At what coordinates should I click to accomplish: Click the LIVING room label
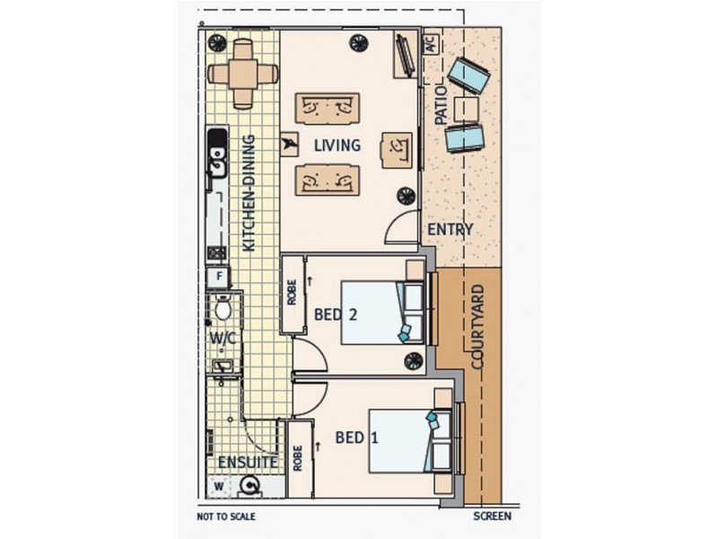(x=337, y=146)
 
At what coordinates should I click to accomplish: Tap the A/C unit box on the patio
(x=432, y=44)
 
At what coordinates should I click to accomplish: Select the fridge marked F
(x=219, y=277)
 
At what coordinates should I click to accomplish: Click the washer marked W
(x=219, y=486)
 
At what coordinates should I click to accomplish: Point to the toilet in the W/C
(x=223, y=307)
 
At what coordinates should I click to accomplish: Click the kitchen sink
(x=217, y=162)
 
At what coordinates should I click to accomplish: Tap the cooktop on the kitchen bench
(x=217, y=252)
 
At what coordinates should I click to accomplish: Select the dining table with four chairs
(x=242, y=74)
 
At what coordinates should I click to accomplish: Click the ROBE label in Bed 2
(x=292, y=293)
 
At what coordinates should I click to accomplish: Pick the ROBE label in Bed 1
(x=298, y=458)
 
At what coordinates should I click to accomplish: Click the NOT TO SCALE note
(x=226, y=517)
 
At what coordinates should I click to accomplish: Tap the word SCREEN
(x=492, y=516)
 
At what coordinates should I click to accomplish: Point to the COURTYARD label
(x=477, y=327)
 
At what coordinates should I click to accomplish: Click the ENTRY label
(x=451, y=229)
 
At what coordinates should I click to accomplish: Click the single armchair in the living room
(x=397, y=150)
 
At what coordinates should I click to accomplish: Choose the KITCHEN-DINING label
(x=249, y=192)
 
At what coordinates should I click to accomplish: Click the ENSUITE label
(x=248, y=462)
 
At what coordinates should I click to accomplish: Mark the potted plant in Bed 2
(x=414, y=361)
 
